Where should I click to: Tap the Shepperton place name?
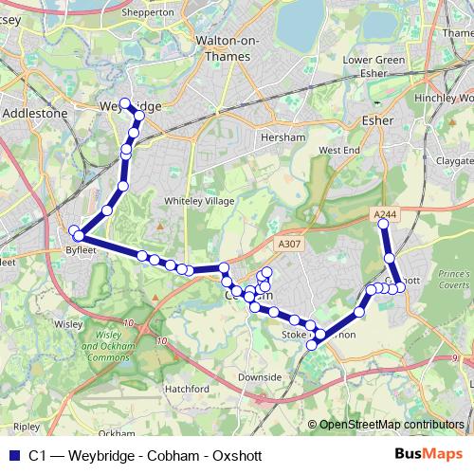click(x=149, y=13)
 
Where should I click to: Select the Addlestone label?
click(x=36, y=112)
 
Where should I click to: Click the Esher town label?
click(x=377, y=120)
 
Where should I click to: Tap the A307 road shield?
click(x=289, y=244)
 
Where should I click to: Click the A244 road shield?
click(x=386, y=215)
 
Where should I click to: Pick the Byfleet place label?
click(x=81, y=250)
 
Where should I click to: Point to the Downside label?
click(x=260, y=376)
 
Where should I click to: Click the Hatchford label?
click(x=187, y=389)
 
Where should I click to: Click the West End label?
click(x=339, y=150)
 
